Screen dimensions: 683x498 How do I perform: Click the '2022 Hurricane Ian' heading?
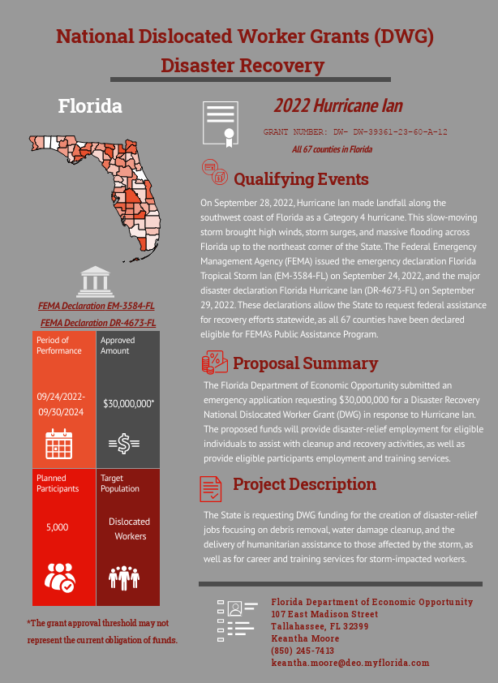(x=337, y=105)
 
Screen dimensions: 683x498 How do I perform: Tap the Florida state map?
(x=114, y=178)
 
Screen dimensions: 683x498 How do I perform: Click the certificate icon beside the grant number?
(x=220, y=124)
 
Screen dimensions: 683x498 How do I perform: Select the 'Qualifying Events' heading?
(x=301, y=179)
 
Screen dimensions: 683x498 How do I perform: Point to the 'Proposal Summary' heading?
(x=305, y=363)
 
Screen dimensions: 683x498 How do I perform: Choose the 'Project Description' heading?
(x=304, y=484)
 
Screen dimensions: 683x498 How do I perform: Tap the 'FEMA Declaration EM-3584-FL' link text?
(x=97, y=306)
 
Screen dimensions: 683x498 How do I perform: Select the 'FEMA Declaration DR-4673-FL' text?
(x=98, y=323)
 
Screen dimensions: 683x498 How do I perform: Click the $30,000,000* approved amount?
(x=128, y=403)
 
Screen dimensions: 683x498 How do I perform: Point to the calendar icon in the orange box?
(x=59, y=445)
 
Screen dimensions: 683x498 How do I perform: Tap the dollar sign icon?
(x=124, y=444)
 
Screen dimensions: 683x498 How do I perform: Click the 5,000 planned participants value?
(x=57, y=527)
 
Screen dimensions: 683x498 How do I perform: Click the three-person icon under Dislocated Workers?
(x=124, y=576)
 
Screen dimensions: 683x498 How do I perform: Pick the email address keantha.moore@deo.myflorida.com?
(x=350, y=663)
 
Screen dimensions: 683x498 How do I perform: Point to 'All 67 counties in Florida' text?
(x=332, y=149)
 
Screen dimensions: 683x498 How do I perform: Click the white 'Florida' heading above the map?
(x=90, y=105)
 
